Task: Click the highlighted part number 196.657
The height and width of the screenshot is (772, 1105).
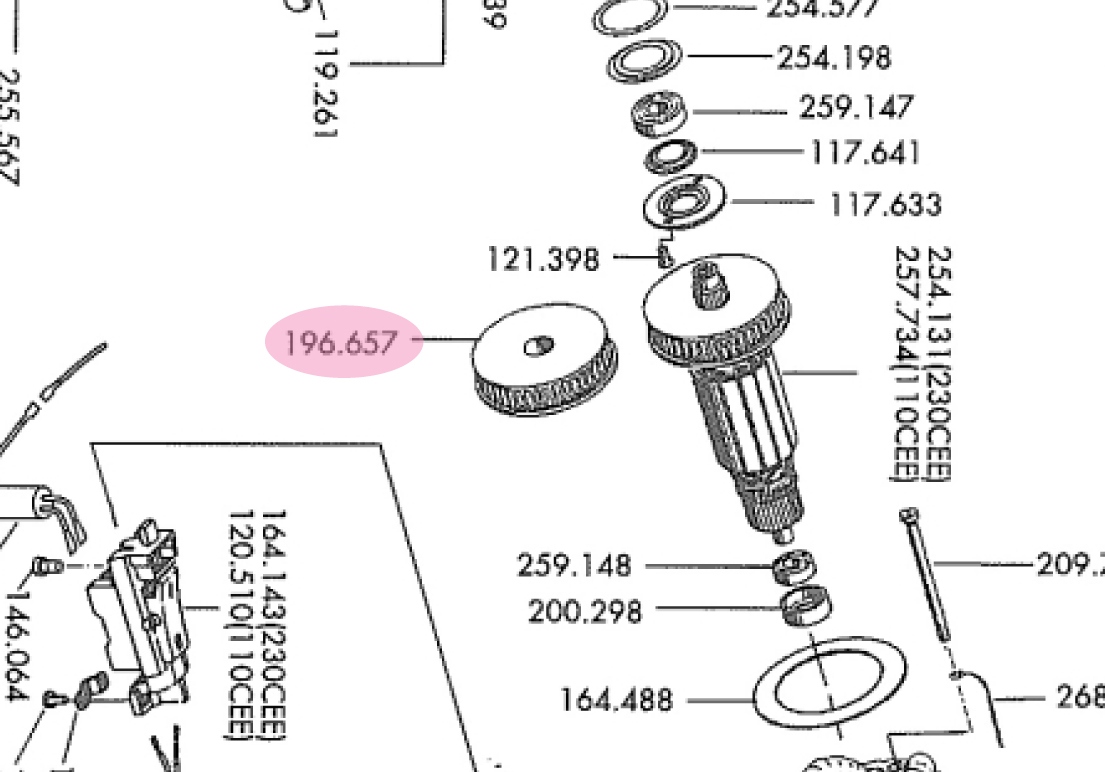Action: (341, 343)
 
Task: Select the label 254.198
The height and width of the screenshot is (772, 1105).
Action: (834, 58)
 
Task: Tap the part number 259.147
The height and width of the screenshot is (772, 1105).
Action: (856, 107)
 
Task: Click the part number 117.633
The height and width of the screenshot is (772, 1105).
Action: (885, 205)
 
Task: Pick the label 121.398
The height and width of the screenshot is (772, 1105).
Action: (543, 260)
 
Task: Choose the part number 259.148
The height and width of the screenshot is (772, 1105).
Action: (574, 566)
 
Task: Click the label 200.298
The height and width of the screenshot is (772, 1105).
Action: (585, 611)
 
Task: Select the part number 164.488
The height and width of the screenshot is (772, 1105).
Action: (616, 700)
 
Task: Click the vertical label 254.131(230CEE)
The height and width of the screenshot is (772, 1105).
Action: (939, 364)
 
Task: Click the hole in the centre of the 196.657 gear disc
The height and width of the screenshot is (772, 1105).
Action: (538, 347)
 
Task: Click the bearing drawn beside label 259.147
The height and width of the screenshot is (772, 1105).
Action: (660, 111)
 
